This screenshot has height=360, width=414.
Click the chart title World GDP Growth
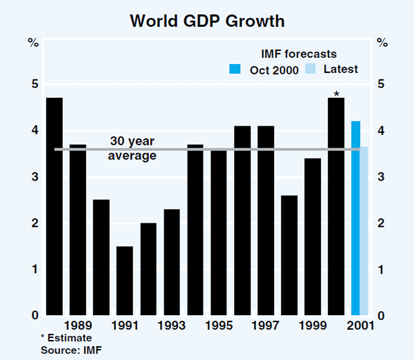point(207,21)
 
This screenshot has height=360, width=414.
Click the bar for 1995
point(219,232)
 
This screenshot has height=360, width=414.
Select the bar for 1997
point(266,221)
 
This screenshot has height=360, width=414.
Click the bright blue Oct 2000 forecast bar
point(355,218)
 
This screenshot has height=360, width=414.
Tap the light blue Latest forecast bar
point(364,231)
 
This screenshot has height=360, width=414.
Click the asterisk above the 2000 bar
point(336,94)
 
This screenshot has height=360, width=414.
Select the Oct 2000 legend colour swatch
point(235,69)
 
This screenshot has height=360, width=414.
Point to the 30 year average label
point(132,148)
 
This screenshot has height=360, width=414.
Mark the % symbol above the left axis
point(33,43)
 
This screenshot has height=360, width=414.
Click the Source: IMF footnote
point(69,350)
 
